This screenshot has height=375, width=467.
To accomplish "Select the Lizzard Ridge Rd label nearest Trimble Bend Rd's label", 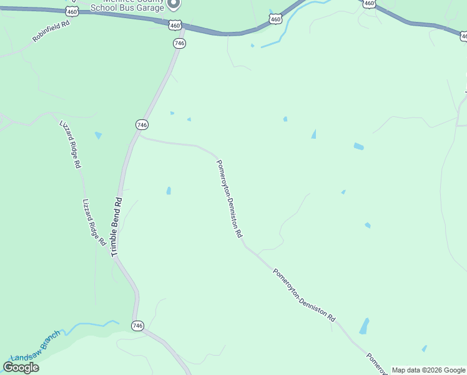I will pos(94,222).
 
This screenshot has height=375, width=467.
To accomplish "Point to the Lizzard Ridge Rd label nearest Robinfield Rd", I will pos(70,144).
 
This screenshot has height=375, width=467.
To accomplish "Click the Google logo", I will pos(21,367).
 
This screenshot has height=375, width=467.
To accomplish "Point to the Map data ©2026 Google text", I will pos(428,370).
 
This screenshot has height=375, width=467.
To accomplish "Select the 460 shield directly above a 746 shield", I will pos(175,26).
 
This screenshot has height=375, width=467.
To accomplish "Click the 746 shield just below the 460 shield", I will pos(179,43).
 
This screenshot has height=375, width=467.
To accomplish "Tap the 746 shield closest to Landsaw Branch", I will pos(138,326).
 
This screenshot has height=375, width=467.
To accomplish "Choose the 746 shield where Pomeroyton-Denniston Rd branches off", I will pos(142,125).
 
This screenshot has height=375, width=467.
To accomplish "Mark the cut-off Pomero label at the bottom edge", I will pos(376,364).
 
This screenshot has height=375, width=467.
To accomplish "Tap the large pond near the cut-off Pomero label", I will pos(364,326).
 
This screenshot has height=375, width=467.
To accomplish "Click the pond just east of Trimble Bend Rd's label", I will pos(169,191).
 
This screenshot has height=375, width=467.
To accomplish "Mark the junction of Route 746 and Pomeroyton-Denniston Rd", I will pos(139,136).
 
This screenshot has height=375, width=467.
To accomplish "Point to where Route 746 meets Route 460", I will pos(184,28).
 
